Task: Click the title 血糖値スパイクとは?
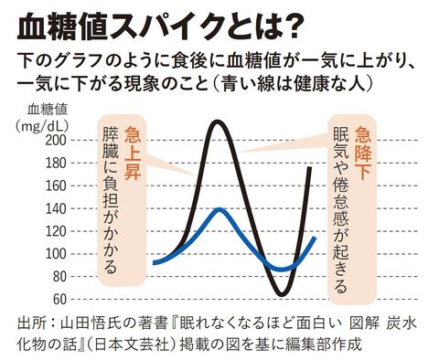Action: [160, 27]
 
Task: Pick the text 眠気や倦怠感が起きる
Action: [340, 210]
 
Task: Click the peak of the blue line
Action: [220, 209]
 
